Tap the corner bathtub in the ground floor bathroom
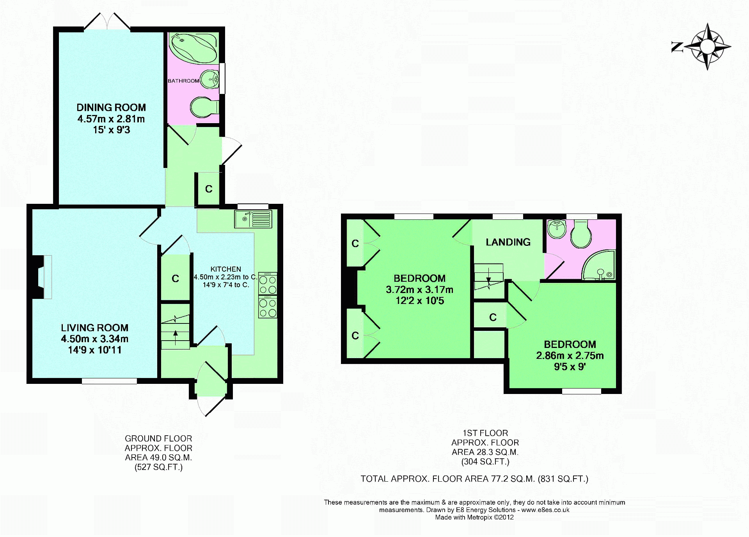[x=193, y=48]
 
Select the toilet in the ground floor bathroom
[x=204, y=107]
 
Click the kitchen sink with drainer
[x=253, y=219]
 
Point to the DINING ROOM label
[x=111, y=108]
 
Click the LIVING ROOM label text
[x=94, y=328]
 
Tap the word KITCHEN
[x=225, y=269]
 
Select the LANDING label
[x=508, y=242]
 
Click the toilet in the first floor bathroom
[x=581, y=234]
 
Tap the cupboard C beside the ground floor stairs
[x=175, y=278]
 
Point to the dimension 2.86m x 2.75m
[x=570, y=356]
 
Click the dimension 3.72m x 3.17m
[x=419, y=290]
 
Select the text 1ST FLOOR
[x=485, y=433]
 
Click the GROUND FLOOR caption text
[x=158, y=439]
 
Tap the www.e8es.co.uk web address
[x=545, y=510]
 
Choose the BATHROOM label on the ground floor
[x=183, y=81]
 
